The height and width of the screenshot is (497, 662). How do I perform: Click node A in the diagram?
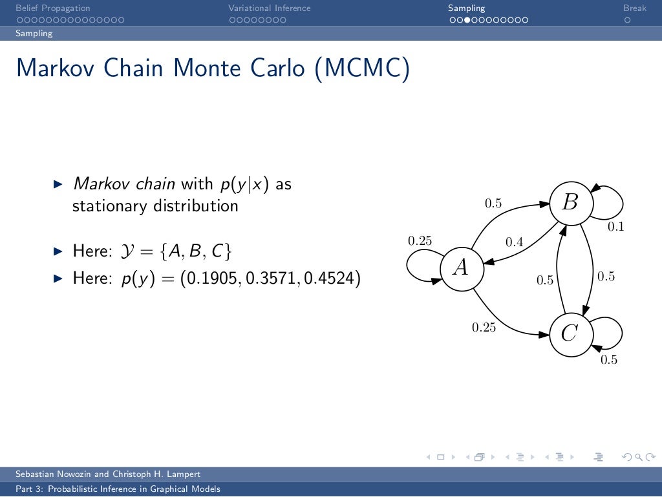462,268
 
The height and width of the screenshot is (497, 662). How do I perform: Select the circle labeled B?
570,203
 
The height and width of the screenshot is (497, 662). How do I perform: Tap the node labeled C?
570,333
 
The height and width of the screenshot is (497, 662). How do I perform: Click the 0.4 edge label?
514,242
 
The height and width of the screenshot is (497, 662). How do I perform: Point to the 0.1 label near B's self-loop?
615,227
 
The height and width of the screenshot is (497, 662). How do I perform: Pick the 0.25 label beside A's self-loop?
420,240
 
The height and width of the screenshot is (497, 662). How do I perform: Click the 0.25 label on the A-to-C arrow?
484,327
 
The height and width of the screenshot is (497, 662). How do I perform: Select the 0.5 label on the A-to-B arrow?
493,204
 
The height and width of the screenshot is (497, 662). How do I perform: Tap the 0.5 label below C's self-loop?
609,360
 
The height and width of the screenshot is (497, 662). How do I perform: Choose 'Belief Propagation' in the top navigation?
53,8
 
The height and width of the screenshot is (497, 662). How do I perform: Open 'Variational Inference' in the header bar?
269,8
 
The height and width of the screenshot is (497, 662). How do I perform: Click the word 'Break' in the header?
635,8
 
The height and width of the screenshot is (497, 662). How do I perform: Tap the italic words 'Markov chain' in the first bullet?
124,184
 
